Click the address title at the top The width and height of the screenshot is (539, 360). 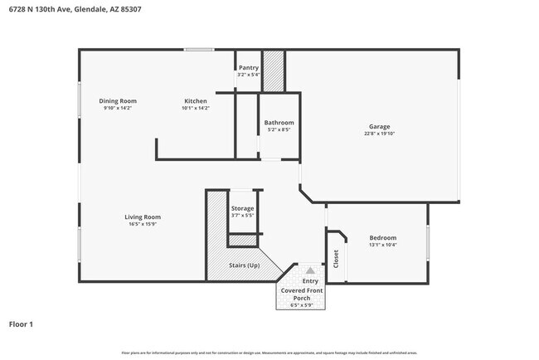tap(75, 9)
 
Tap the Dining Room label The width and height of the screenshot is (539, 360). tap(118, 101)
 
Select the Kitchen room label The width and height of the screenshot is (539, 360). tap(196, 101)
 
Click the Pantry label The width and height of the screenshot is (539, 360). tap(249, 68)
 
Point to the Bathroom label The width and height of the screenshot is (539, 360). tap(279, 123)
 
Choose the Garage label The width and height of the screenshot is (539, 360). tap(379, 126)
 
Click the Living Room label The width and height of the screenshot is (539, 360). tap(143, 217)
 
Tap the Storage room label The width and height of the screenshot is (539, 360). tap(242, 208)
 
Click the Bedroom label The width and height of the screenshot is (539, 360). tap(382, 238)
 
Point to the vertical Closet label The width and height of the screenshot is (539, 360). tap(336, 259)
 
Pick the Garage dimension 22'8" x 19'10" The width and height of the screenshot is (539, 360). tap(379, 134)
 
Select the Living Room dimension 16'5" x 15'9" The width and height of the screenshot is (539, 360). tap(143, 224)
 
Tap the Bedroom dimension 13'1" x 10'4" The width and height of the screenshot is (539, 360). tap(382, 245)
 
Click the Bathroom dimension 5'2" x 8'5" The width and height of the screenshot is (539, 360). tap(279, 129)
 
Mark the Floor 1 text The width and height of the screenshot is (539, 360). tap(21, 324)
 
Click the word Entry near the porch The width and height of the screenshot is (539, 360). tap(310, 281)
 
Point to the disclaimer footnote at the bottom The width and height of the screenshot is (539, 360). tap(269, 353)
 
